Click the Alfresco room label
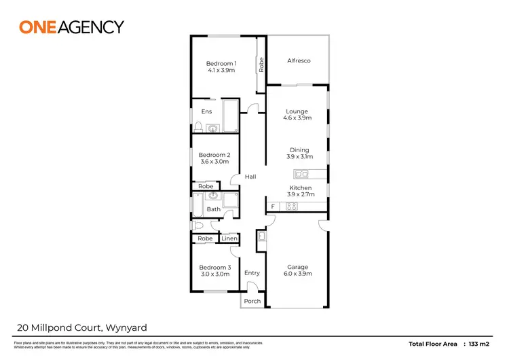pos(299,61)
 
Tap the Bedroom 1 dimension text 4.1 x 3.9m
pos(221,70)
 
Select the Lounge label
pos(297,111)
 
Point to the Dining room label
pos(299,150)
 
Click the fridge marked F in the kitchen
pos(273,206)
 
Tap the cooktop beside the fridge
pos(292,206)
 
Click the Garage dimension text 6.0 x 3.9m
pos(297,274)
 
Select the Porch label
pos(252,301)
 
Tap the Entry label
pos(252,273)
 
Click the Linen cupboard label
pos(229,238)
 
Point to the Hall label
pos(250,177)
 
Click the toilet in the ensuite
pos(199,126)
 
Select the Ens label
pos(206,111)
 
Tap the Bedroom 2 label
pos(214,155)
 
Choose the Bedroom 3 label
pos(214,268)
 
